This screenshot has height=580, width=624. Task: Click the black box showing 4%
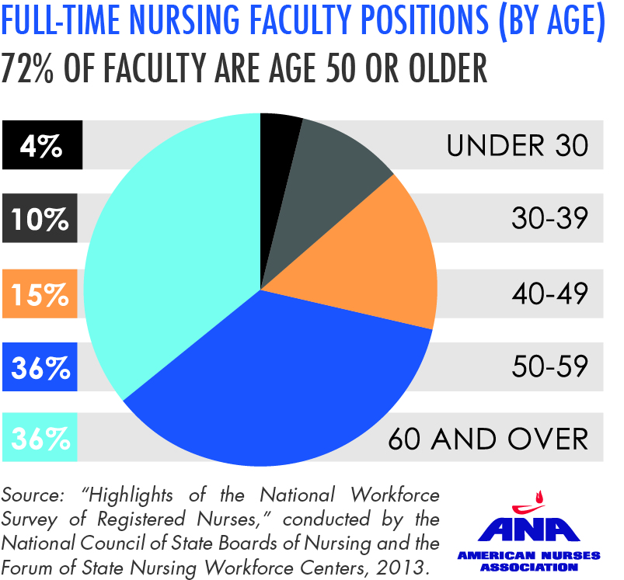coord(43,145)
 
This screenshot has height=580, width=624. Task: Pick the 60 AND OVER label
coord(488,439)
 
